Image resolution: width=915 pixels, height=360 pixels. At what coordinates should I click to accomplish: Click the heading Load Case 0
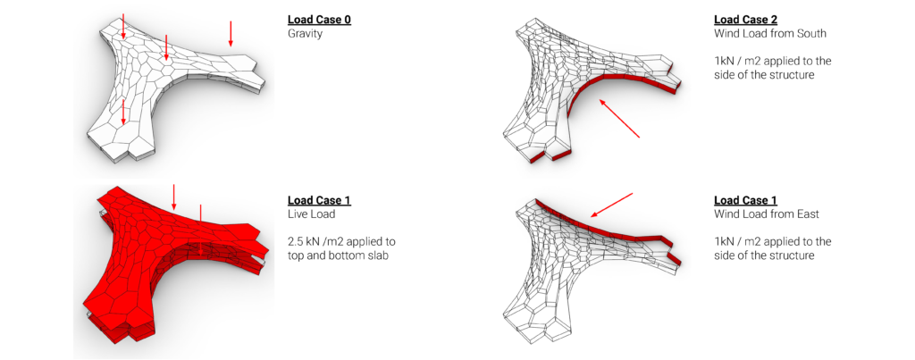coord(319,19)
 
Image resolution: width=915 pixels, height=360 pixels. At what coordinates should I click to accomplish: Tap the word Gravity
coord(305,34)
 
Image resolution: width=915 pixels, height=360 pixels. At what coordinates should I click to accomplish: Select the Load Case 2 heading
coord(746,19)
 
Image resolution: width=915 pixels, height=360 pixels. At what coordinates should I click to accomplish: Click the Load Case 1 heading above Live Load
coord(319,200)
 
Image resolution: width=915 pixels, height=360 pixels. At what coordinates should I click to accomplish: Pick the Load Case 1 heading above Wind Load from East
coord(746,200)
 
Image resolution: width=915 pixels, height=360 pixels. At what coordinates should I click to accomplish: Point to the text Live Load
coord(308,214)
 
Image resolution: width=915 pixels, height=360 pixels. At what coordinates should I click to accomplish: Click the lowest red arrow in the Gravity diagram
coord(123,111)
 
